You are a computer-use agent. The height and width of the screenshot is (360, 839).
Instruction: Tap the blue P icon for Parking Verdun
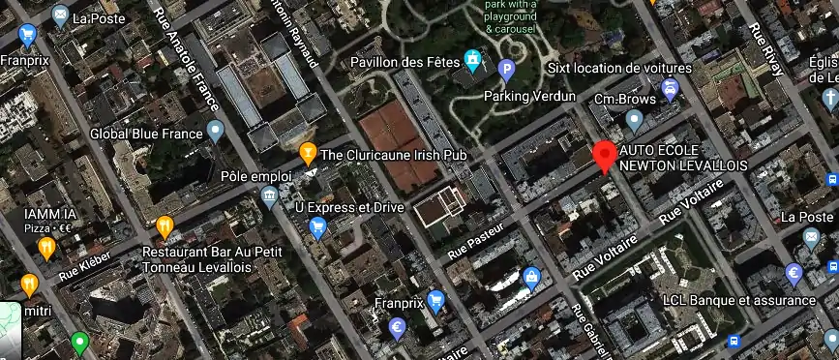tap(505, 69)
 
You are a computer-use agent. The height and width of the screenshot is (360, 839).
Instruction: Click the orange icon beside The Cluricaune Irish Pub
tap(308, 152)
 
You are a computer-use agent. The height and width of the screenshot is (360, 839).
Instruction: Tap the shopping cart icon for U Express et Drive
tap(317, 228)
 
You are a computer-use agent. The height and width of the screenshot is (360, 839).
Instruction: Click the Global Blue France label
tap(146, 134)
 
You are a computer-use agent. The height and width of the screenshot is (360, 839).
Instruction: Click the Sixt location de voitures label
tap(619, 69)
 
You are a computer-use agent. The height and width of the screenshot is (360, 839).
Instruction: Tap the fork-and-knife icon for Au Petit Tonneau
tap(165, 228)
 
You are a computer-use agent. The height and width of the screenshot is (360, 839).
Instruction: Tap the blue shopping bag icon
tap(531, 278)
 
